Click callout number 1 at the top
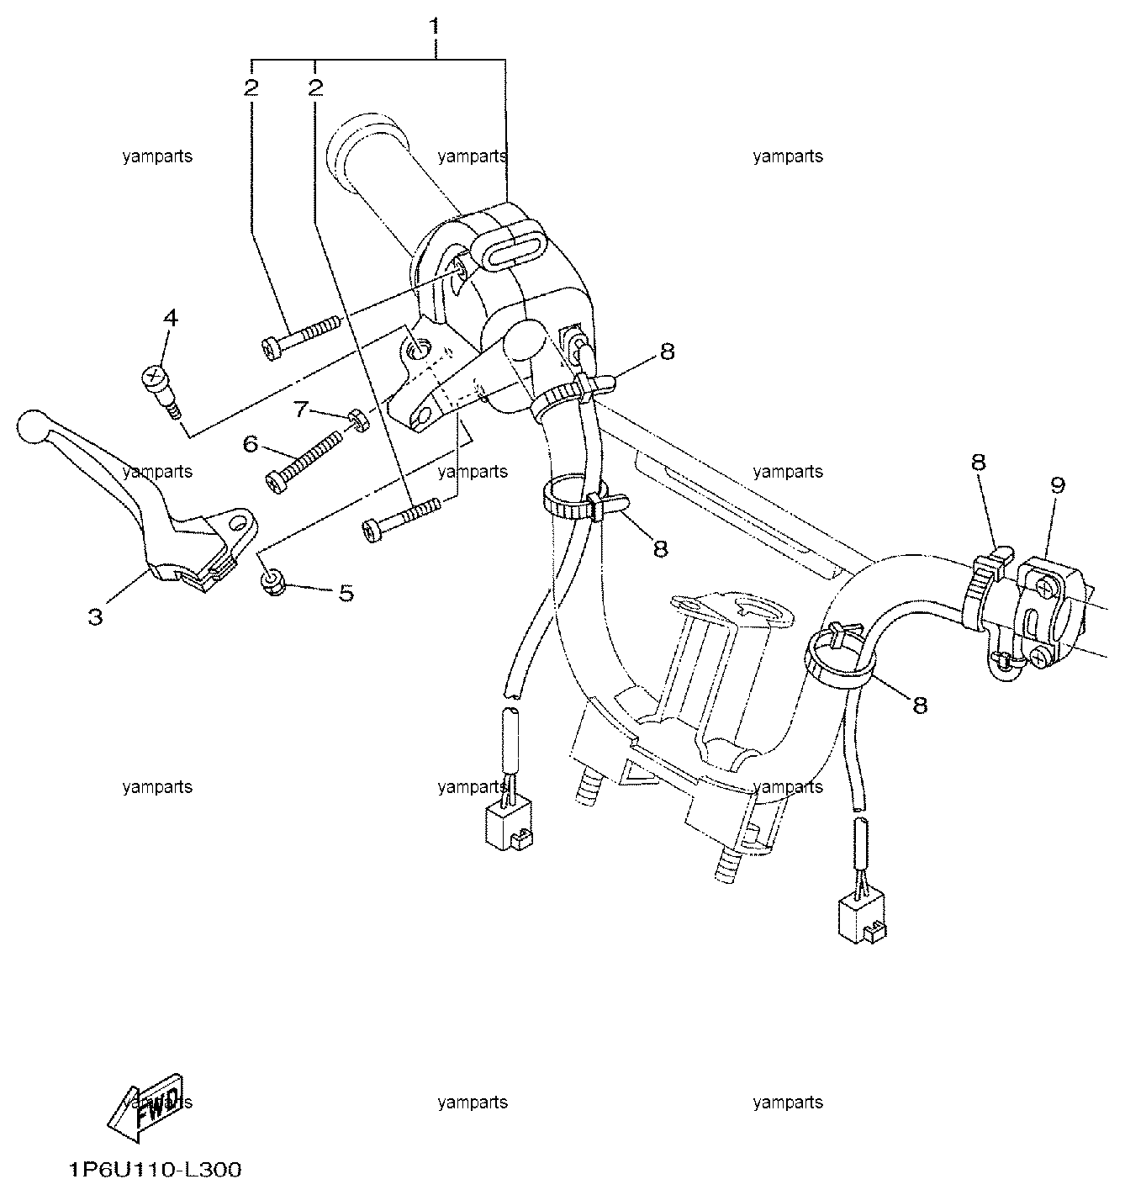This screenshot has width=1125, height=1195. pyautogui.click(x=434, y=26)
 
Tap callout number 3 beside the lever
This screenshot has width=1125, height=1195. pyautogui.click(x=96, y=616)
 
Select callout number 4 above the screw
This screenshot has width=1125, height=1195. pyautogui.click(x=171, y=318)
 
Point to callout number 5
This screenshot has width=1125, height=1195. pyautogui.click(x=346, y=593)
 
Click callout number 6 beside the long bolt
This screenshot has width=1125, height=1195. pyautogui.click(x=251, y=444)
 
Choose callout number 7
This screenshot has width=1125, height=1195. pyautogui.click(x=301, y=410)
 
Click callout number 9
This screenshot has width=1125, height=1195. pyautogui.click(x=1058, y=485)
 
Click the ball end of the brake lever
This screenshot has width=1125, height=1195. pyautogui.click(x=31, y=426)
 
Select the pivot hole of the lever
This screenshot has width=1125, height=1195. pyautogui.click(x=240, y=521)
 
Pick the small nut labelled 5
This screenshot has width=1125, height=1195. pyautogui.click(x=272, y=583)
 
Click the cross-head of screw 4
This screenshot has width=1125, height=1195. pyautogui.click(x=153, y=378)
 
